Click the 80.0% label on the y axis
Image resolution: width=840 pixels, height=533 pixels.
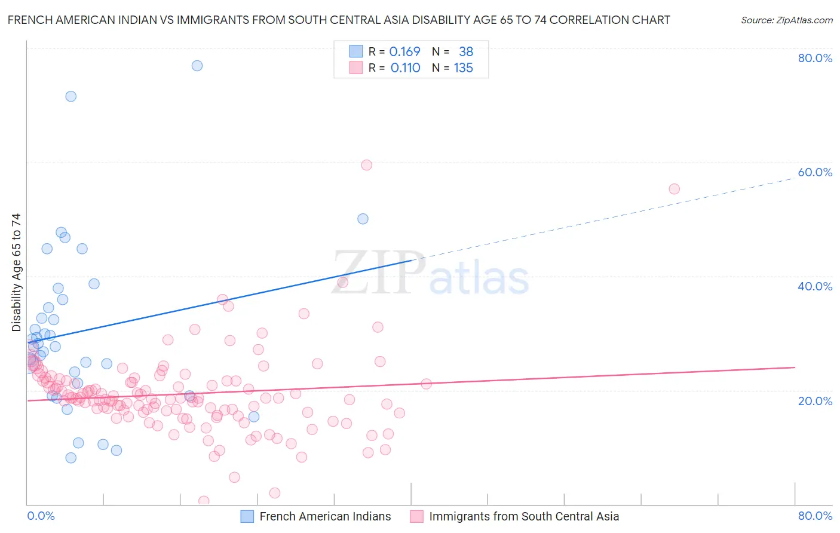coord(815,58)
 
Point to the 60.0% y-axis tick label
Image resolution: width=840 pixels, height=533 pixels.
coord(815,172)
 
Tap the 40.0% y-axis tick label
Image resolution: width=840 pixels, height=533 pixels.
coord(815,286)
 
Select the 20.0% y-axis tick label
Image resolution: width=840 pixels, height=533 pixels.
coord(815,400)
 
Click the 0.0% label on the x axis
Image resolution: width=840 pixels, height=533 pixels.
coord(41,516)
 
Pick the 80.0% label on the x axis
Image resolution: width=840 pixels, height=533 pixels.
coord(815,516)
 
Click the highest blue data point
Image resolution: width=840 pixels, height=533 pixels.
coord(197,66)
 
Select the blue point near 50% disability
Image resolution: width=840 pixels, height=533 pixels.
coord(363,219)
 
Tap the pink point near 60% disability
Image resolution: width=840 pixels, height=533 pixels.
coord(367,165)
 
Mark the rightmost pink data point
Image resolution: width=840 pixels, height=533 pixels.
coord(675,189)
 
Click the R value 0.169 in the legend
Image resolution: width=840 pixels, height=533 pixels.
coord(404,52)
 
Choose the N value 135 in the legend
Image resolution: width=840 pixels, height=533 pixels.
coord(464,68)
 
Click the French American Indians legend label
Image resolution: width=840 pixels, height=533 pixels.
coord(325,516)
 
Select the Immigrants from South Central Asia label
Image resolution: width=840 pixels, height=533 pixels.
coord(524,516)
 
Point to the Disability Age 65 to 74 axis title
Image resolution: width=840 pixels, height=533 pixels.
coord(16,272)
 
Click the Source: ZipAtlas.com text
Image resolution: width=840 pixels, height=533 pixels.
coord(787,20)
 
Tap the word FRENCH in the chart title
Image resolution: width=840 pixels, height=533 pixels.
coord(30,20)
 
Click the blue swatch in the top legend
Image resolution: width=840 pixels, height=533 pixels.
coord(356,51)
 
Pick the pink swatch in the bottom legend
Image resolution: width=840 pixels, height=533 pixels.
coord(416,516)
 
